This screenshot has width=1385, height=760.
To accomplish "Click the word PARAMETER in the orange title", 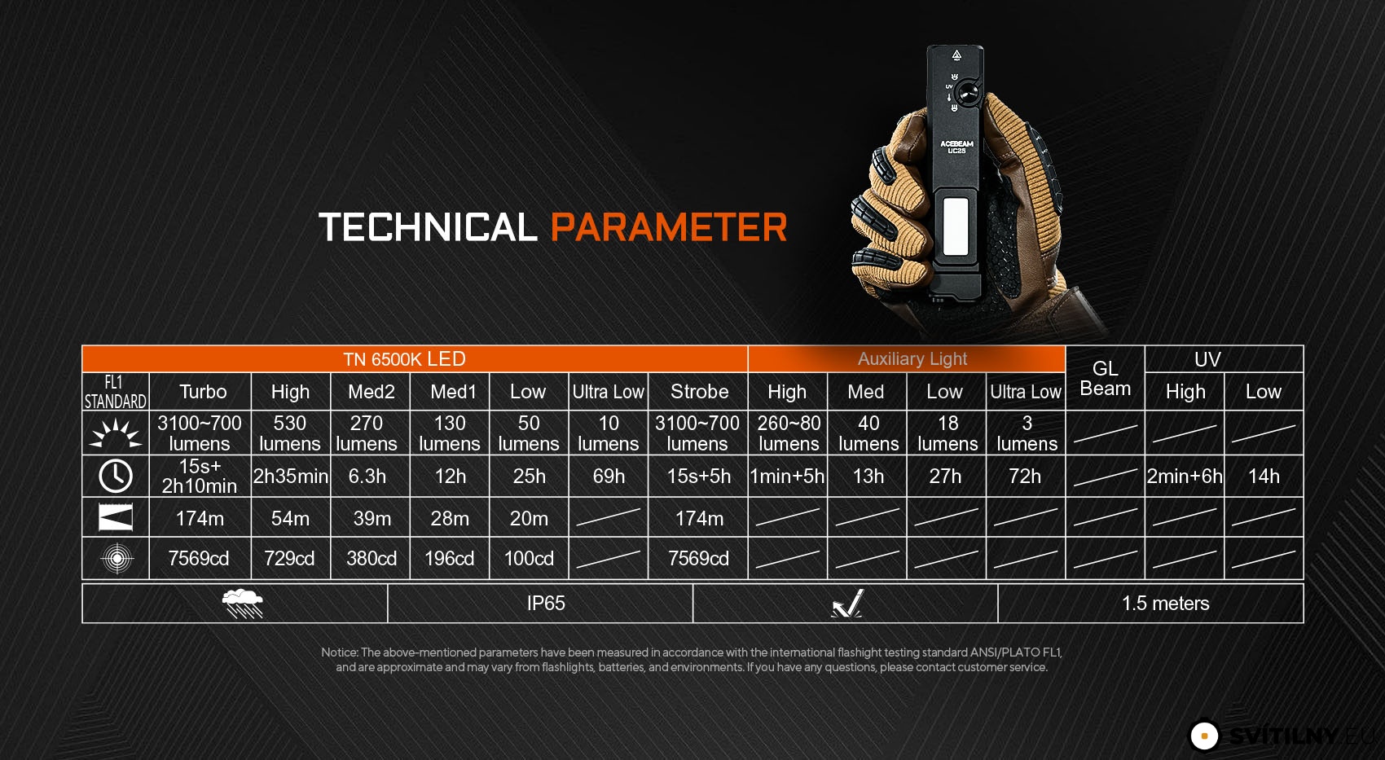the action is [x=668, y=227].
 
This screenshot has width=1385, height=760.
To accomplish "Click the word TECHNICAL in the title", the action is [x=428, y=227].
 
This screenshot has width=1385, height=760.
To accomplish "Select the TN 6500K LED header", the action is [x=404, y=359].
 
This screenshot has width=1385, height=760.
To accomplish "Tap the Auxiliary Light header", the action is [x=912, y=359].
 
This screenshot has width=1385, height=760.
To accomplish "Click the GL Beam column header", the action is [x=1105, y=379].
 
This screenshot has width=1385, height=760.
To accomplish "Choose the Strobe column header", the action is [x=699, y=392].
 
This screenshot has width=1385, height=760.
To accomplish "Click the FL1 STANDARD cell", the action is [x=115, y=392].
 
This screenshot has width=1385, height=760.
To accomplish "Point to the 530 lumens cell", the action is [x=290, y=433].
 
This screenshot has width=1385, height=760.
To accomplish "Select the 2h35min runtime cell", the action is [x=291, y=477].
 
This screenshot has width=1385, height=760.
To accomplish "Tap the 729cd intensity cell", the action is [x=289, y=559].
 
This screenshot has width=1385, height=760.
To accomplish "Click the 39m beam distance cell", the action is [x=372, y=518].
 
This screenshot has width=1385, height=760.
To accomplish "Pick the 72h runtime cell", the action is [x=1025, y=477].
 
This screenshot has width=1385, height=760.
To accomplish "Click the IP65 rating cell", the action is [x=546, y=603].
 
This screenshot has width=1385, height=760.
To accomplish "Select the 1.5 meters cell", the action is [x=1166, y=603].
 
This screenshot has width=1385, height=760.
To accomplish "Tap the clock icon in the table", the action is [x=116, y=477].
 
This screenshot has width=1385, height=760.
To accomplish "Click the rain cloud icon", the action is [x=243, y=604].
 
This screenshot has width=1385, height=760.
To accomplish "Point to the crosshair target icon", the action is [x=117, y=559].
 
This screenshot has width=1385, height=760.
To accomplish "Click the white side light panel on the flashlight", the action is [x=956, y=226].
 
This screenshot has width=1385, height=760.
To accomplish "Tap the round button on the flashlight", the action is [x=966, y=94].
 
